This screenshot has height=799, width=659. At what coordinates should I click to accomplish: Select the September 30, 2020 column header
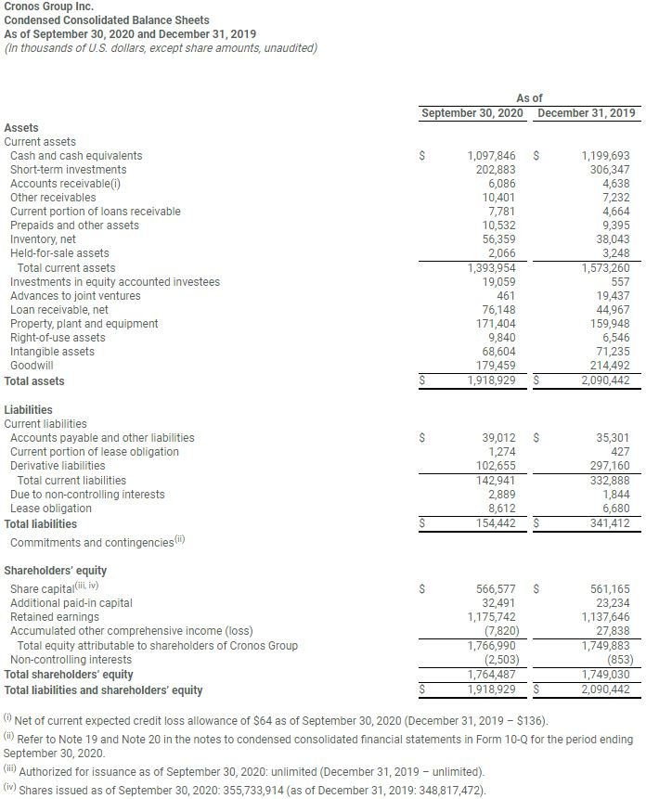click(472, 113)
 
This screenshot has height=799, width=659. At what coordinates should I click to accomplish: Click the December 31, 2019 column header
click(587, 113)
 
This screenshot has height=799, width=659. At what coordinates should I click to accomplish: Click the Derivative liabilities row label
click(58, 466)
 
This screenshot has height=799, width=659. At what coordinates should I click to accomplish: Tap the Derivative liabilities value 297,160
click(608, 466)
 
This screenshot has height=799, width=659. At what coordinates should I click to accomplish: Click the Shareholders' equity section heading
click(55, 571)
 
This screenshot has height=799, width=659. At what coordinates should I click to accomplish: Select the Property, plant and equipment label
click(84, 324)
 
